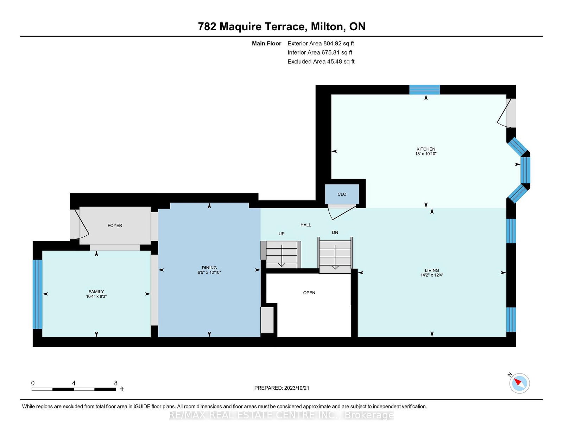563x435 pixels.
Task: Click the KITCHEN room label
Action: pos(426,149)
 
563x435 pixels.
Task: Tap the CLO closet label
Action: pos(342,194)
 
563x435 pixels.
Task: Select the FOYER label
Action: pos(115,225)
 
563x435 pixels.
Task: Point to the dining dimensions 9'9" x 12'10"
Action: pos(209,273)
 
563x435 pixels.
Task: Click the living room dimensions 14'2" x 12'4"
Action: pos(432,275)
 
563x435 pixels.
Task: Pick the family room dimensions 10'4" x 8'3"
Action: pos(96,296)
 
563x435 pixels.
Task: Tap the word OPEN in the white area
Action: pos(309,293)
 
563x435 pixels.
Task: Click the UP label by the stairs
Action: pos(281,234)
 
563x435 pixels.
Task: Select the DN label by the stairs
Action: pos(335,232)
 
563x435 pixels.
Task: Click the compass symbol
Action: pos(519,383)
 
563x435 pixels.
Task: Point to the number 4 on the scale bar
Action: pos(74,383)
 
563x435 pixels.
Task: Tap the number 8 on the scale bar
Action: pos(116,383)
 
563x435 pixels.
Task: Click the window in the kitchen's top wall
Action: pos(424,90)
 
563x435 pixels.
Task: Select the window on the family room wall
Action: pos(37,294)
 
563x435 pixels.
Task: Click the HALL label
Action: pos(306,225)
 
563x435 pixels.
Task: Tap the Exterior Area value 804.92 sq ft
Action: pos(339,44)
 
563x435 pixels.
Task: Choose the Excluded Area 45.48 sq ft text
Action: pos(321,62)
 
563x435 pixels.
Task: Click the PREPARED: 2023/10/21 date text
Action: pos(281,388)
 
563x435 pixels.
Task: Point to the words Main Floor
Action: pos(267,44)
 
